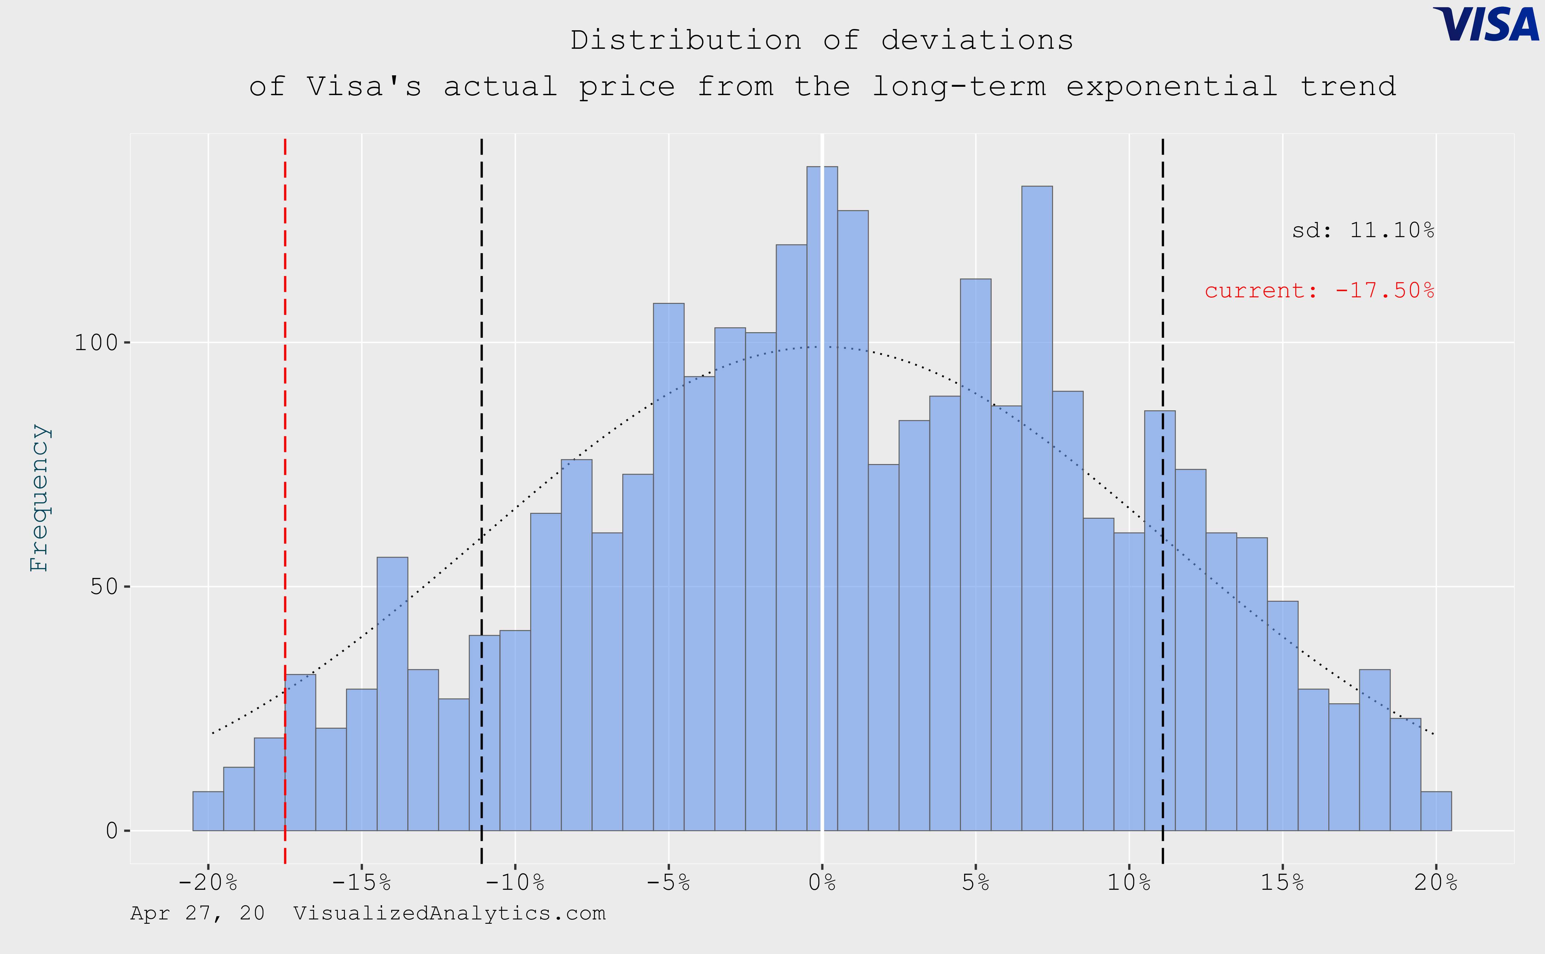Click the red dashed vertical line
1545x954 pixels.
pyautogui.click(x=285, y=442)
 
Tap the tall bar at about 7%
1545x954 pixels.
pyautogui.click(x=1037, y=505)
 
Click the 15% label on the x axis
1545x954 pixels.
pyautogui.click(x=1282, y=882)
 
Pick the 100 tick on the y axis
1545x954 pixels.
pyautogui.click(x=96, y=343)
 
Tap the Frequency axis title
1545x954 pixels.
pyautogui.click(x=39, y=497)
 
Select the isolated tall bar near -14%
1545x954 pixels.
pyautogui.click(x=392, y=694)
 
